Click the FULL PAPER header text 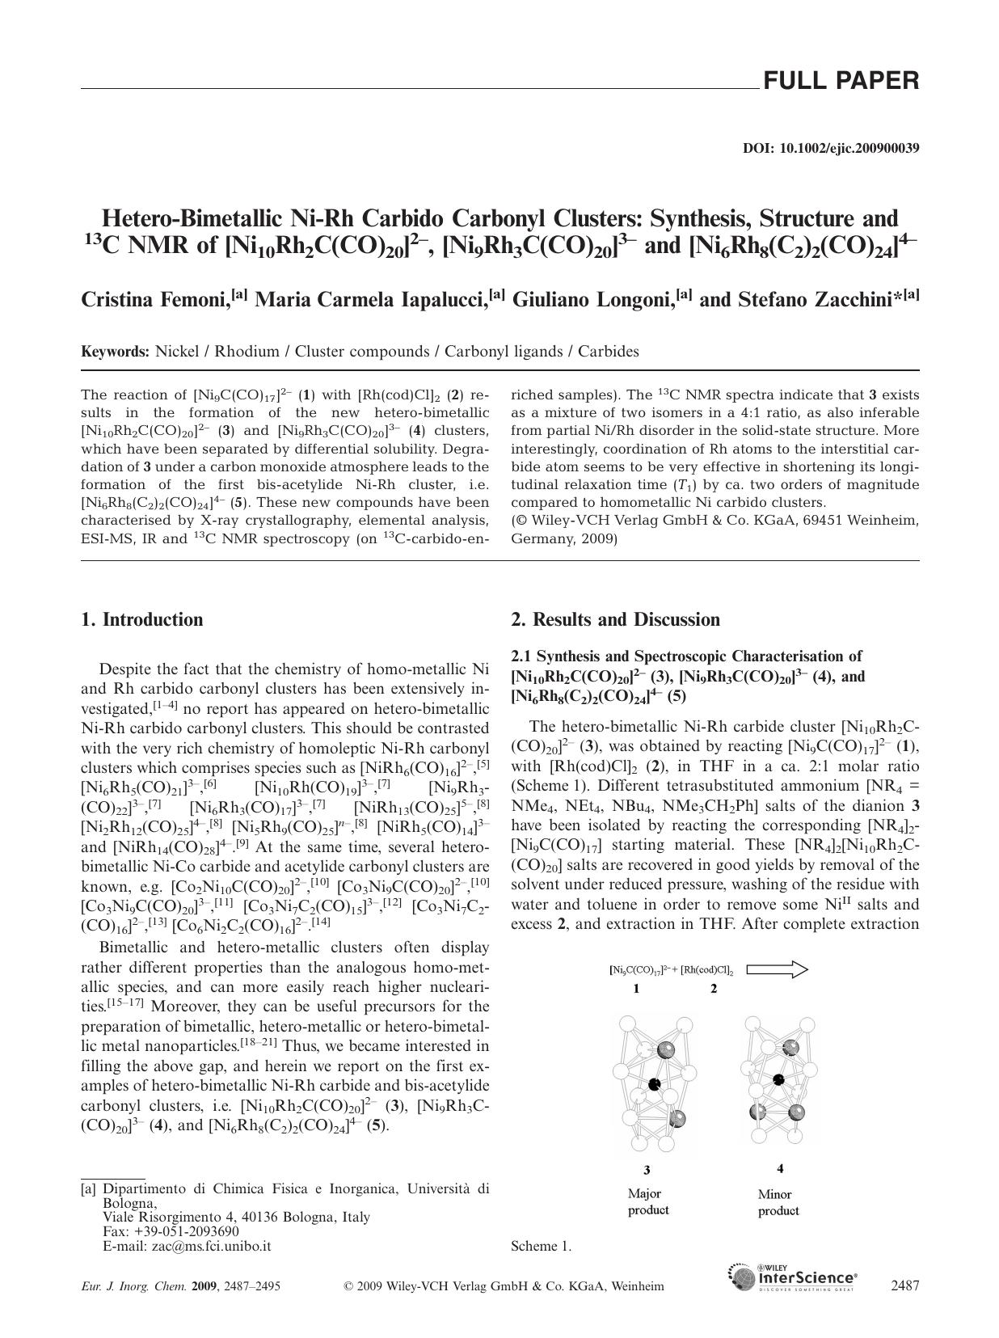(x=841, y=81)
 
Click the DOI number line (x=830, y=149)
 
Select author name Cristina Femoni (x=155, y=300)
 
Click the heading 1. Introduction (x=142, y=620)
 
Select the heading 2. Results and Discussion (x=615, y=620)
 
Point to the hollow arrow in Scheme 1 (x=777, y=969)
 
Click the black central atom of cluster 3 (x=655, y=1083)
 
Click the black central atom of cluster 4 (x=778, y=1079)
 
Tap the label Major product (x=648, y=1202)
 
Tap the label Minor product (x=778, y=1202)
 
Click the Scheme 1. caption (x=541, y=1246)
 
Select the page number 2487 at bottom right (x=904, y=1285)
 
